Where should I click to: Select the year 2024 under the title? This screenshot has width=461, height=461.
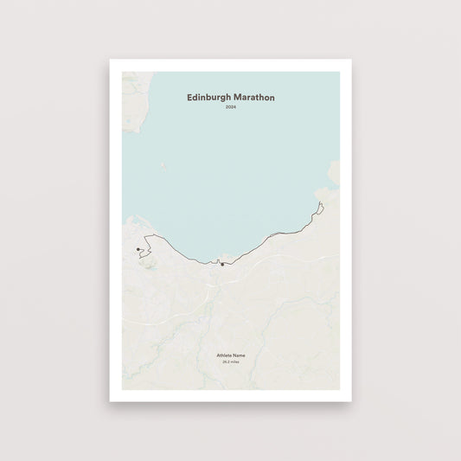pyautogui.click(x=230, y=107)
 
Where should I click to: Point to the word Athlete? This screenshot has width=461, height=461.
pyautogui.click(x=223, y=355)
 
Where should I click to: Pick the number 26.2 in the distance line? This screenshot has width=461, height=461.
pyautogui.click(x=226, y=362)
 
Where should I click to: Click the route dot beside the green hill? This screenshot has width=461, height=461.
pyautogui.click(x=138, y=249)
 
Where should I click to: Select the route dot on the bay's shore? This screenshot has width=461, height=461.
pyautogui.click(x=222, y=265)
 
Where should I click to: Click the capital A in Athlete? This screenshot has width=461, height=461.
pyautogui.click(x=218, y=355)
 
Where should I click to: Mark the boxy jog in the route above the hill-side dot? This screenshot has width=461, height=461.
pyautogui.click(x=148, y=240)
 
